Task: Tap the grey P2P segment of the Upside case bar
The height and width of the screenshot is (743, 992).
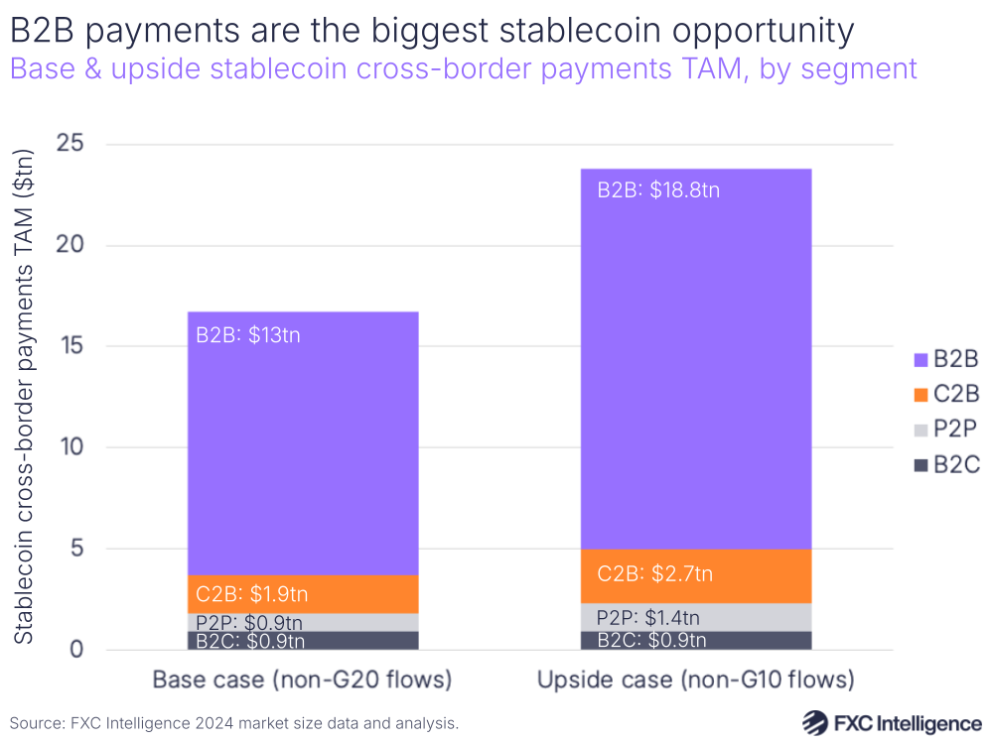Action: (695, 617)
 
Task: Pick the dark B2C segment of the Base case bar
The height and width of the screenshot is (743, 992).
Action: (302, 641)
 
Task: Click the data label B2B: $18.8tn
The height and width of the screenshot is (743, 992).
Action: (658, 190)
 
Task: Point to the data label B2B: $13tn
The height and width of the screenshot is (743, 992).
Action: (248, 335)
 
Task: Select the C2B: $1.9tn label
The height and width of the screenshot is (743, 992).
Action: (251, 595)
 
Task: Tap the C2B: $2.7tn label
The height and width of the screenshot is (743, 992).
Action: (655, 573)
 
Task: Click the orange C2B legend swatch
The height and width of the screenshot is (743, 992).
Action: (919, 395)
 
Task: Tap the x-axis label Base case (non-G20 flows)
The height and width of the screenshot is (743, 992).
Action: (302, 681)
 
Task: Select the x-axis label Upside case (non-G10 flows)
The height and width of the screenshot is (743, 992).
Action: (695, 681)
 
